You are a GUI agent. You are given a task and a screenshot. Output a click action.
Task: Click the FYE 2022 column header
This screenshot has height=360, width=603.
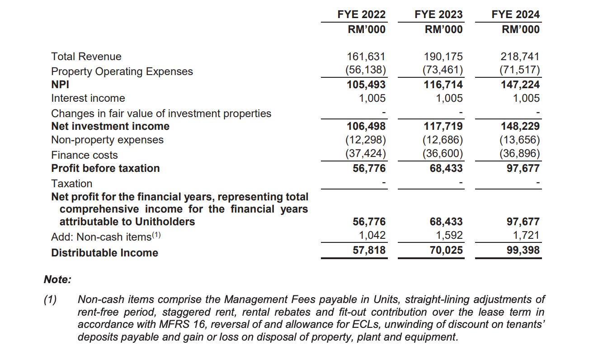coord(361,14)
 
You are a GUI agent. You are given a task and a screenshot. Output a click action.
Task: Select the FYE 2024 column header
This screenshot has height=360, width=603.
coord(515,14)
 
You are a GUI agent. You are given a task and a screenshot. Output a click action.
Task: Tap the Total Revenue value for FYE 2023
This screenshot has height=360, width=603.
coord(443,57)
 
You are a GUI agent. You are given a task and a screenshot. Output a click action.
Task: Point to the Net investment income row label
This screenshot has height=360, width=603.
coord(110,126)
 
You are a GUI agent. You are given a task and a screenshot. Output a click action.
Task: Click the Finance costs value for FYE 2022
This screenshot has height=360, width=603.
coord(366,154)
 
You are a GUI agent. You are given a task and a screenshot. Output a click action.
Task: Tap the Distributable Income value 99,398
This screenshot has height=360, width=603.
coord(523,250)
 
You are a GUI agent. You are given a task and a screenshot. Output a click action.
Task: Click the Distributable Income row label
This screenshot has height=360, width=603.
coord(104,253)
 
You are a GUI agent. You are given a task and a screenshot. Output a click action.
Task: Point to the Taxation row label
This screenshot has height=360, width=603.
coord(71,184)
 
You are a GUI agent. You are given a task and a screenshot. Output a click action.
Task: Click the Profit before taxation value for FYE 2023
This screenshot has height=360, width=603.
coord(445,168)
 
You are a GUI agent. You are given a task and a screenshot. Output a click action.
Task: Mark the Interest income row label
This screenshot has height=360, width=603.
coord(88,98)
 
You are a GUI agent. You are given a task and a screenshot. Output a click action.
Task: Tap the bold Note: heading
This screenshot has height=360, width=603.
coord(57,279)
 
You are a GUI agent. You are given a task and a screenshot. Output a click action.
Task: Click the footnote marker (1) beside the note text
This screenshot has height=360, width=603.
coord(50,299)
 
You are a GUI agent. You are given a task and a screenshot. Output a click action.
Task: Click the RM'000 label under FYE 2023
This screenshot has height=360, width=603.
coord(443,29)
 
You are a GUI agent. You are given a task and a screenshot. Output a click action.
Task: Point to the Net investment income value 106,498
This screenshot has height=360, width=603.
coord(366,126)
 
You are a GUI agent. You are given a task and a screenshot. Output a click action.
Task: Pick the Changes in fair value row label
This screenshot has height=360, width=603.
coord(161,113)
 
